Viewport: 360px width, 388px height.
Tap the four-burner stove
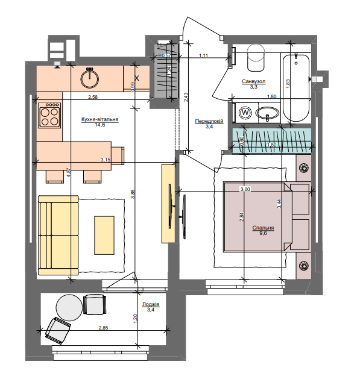pos(49,114)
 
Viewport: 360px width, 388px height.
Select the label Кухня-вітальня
pos(99,120)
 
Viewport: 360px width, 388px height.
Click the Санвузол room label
pos(254,81)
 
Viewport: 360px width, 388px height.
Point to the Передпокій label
pos(209,121)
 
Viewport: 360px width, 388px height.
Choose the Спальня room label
pos(264,228)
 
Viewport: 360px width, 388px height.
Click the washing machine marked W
pos(246,113)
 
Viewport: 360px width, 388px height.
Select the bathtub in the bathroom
pos(297,87)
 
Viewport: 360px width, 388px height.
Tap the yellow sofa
pos(58,235)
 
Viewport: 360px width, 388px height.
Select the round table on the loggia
pos(68,307)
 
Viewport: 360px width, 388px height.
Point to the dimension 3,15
pos(106,160)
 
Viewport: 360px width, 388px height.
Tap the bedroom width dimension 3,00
pos(245,189)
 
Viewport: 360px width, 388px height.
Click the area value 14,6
pos(99,125)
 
